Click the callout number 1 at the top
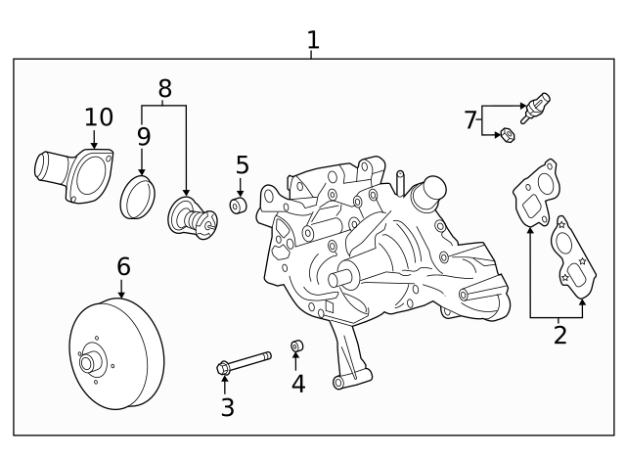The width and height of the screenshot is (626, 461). (312, 40)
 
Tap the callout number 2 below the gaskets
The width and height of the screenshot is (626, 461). (559, 336)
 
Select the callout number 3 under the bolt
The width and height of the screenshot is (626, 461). (227, 407)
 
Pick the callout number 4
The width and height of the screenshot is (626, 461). (297, 384)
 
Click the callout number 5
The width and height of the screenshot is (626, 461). (242, 164)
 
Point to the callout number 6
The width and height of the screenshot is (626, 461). (122, 265)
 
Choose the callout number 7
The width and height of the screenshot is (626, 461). (470, 120)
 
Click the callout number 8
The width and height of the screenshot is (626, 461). (164, 89)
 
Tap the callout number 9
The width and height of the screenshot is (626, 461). (143, 137)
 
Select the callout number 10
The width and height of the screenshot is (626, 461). (98, 117)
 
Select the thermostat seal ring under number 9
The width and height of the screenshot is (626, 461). (139, 199)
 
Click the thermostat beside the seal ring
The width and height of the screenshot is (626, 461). (191, 217)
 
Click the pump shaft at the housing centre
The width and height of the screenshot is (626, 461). (342, 278)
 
